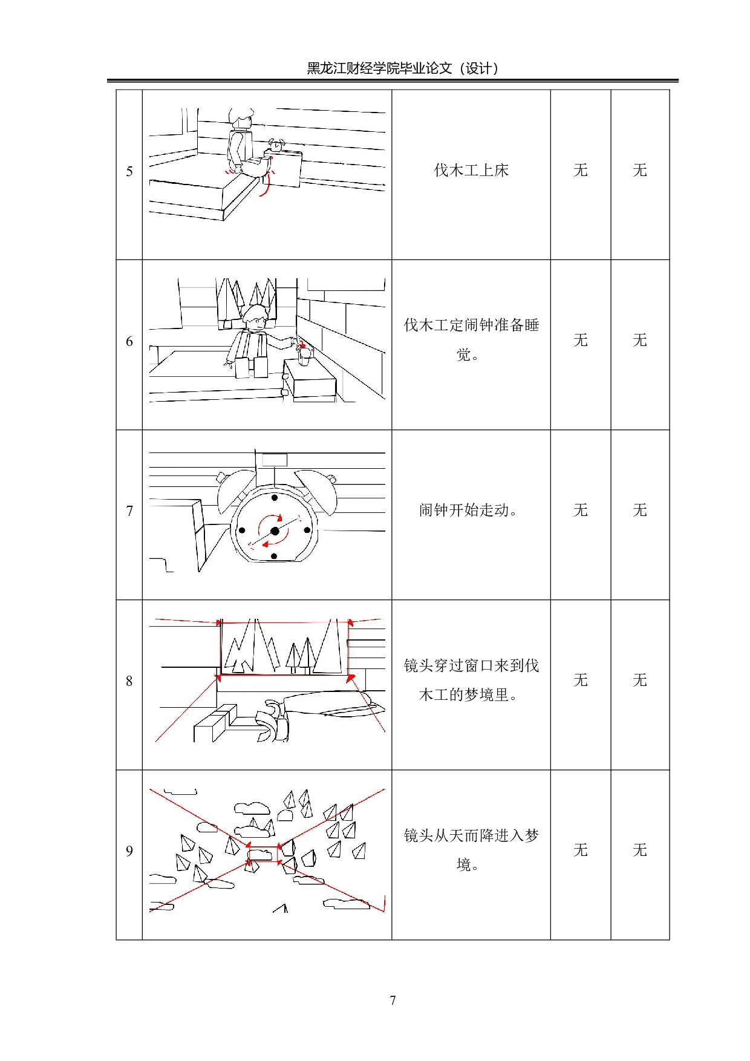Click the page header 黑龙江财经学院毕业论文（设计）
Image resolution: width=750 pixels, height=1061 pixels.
click(x=403, y=68)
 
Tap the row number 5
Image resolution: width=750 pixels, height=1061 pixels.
click(x=129, y=172)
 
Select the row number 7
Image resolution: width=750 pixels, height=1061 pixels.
click(x=129, y=511)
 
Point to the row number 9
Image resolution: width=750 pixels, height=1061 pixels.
click(x=129, y=851)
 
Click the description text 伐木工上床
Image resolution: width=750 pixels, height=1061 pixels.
click(x=471, y=171)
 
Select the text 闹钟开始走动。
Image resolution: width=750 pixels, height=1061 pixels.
click(x=468, y=511)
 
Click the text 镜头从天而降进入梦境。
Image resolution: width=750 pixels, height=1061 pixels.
click(x=471, y=850)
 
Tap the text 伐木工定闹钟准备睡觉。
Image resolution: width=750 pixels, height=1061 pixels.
click(x=471, y=339)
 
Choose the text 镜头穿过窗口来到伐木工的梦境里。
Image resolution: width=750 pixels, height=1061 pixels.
click(x=471, y=680)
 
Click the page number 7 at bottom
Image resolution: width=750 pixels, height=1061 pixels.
click(x=393, y=1001)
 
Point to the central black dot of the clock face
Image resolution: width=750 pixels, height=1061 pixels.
click(x=275, y=531)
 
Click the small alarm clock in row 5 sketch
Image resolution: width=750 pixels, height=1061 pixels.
click(x=278, y=145)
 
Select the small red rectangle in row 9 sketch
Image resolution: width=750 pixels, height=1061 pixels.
click(x=262, y=854)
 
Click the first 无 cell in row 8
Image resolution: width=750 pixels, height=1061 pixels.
click(x=581, y=681)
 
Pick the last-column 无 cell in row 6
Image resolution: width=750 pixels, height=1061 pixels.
click(x=640, y=341)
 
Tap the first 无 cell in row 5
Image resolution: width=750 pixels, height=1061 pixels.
click(x=581, y=171)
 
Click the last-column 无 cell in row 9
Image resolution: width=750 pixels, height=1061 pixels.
click(x=640, y=850)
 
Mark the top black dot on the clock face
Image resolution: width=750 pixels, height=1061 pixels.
click(x=275, y=498)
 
